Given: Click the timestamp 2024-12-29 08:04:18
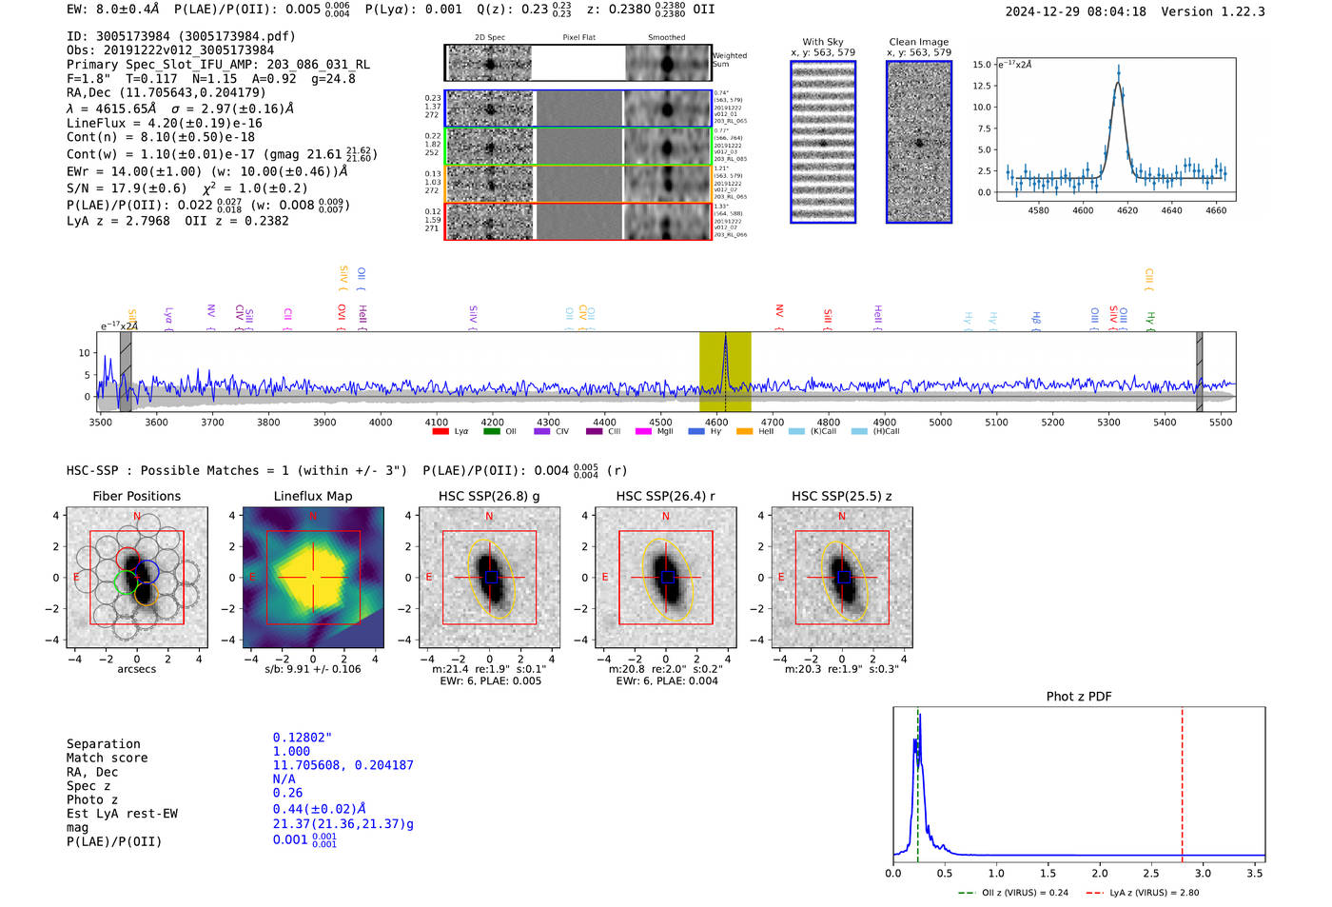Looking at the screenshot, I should [x=1075, y=11].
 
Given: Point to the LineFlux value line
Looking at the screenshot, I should [x=165, y=123].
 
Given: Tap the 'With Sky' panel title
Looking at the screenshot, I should [x=822, y=42].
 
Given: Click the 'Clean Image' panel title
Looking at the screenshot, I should [x=918, y=42].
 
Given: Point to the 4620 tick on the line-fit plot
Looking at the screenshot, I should [x=1127, y=210].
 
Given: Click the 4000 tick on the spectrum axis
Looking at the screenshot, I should [x=381, y=423].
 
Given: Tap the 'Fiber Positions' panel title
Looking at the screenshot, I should [x=136, y=496].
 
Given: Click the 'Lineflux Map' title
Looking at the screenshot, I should [x=313, y=496].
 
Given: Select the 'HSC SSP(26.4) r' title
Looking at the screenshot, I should [x=665, y=496].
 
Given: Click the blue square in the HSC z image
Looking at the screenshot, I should [x=843, y=577].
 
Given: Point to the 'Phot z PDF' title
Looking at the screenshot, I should [x=1079, y=696].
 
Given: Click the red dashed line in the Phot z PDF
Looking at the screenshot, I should [x=1182, y=780].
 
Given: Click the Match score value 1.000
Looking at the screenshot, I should [x=291, y=751].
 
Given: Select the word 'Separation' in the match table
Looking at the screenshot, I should [x=103, y=744].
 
